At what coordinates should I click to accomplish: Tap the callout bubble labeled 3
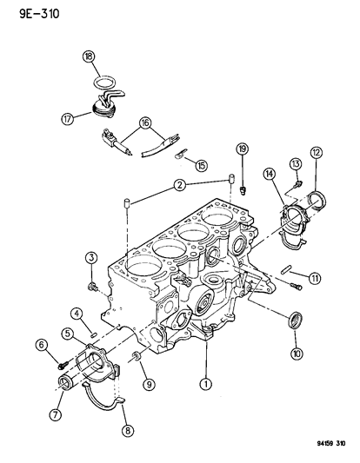coord(90,256)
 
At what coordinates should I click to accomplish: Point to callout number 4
coord(77,313)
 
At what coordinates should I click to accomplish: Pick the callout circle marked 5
coord(66,333)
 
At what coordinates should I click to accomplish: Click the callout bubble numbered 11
coord(315,278)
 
